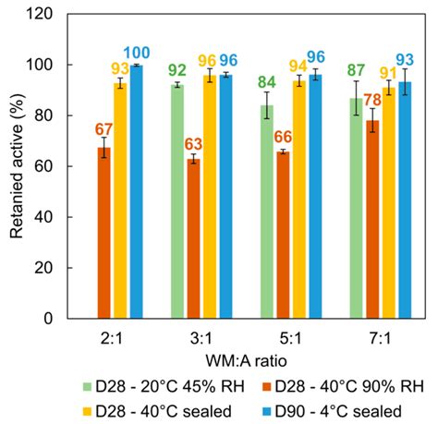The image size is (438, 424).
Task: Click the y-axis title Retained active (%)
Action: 17,166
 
